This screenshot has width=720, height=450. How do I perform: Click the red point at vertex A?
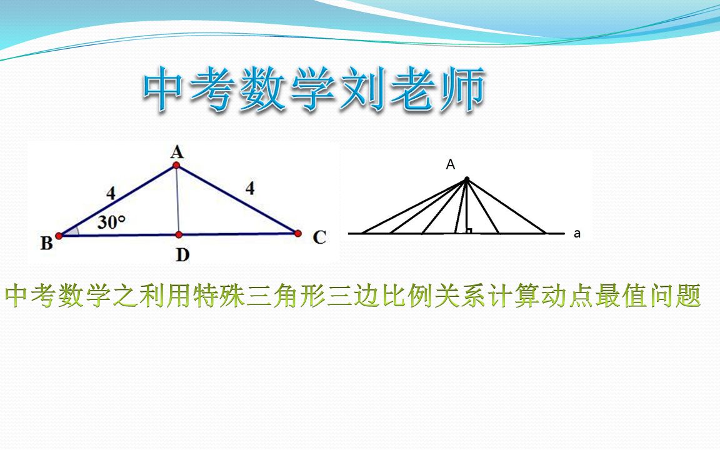[x=177, y=165]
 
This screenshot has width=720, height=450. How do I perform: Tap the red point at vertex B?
[x=59, y=236]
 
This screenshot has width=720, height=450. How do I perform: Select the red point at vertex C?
[x=297, y=233]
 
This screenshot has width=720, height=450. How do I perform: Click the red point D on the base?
[x=178, y=234]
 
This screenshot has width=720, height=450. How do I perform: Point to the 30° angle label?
[x=111, y=222]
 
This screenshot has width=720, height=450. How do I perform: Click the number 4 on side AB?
[x=111, y=194]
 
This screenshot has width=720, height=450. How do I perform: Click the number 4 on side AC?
[x=250, y=188]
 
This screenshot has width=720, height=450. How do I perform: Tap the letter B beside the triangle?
[x=46, y=244]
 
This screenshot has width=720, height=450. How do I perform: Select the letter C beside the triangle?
[x=319, y=237]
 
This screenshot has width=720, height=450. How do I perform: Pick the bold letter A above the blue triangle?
[x=177, y=151]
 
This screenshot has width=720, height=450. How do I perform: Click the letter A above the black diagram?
[x=450, y=165]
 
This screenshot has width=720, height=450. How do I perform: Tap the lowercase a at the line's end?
[x=577, y=234]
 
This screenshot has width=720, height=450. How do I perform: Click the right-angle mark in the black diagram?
[x=468, y=231]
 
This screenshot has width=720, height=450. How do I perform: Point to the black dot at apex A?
[x=466, y=179]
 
